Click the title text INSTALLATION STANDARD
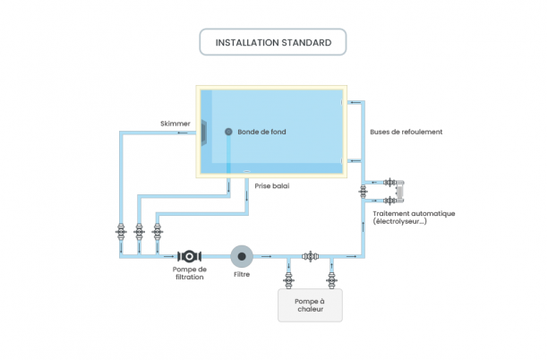pyautogui.click(x=273, y=42)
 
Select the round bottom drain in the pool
pyautogui.click(x=228, y=133)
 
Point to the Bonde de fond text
pyautogui.click(x=261, y=133)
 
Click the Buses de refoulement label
pyautogui.click(x=406, y=133)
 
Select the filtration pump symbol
pyautogui.click(x=191, y=257)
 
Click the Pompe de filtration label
pyautogui.click(x=190, y=273)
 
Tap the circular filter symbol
pyautogui.click(x=242, y=257)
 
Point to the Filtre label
pyautogui.click(x=242, y=275)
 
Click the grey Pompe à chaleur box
pyautogui.click(x=309, y=306)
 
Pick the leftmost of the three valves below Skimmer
pyautogui.click(x=120, y=231)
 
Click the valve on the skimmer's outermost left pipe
pyautogui.click(x=120, y=231)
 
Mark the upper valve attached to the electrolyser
pyautogui.click(x=390, y=183)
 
